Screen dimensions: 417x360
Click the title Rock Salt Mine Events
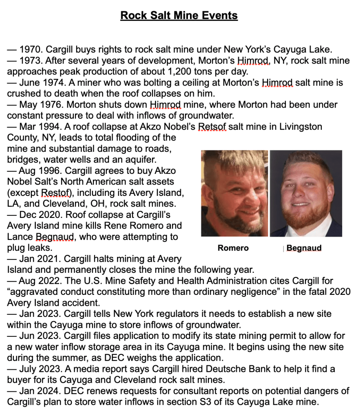tap(179, 15)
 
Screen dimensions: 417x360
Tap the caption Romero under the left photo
tap(233, 248)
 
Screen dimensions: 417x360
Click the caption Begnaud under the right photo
tap(304, 248)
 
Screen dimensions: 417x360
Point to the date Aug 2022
tap(41, 281)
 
